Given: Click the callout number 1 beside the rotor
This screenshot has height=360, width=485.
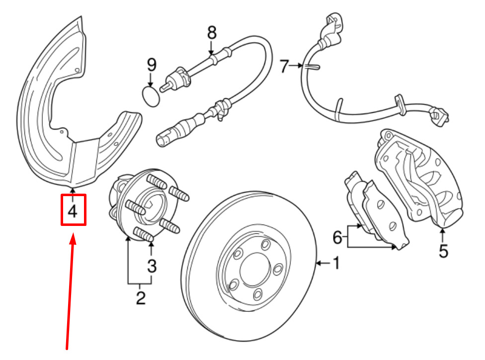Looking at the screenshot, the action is pyautogui.click(x=336, y=263).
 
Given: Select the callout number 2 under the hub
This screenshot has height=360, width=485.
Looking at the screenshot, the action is pyautogui.click(x=141, y=297).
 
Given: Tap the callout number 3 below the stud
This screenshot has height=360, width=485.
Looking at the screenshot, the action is pyautogui.click(x=152, y=266).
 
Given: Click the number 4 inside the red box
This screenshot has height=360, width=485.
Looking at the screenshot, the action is pyautogui.click(x=73, y=212).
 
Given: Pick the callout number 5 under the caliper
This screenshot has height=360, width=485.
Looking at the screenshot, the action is pyautogui.click(x=443, y=251).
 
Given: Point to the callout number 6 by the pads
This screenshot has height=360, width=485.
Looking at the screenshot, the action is pyautogui.click(x=337, y=237).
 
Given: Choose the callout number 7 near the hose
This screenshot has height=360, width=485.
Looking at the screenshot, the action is pyautogui.click(x=284, y=66).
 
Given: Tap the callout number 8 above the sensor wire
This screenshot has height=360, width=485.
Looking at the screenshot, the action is pyautogui.click(x=212, y=32).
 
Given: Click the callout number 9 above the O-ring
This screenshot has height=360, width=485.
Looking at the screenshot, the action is pyautogui.click(x=151, y=65).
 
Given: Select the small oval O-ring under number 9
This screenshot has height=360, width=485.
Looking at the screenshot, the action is pyautogui.click(x=151, y=97).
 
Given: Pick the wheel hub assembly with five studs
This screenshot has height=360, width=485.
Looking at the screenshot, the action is pyautogui.click(x=148, y=205).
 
